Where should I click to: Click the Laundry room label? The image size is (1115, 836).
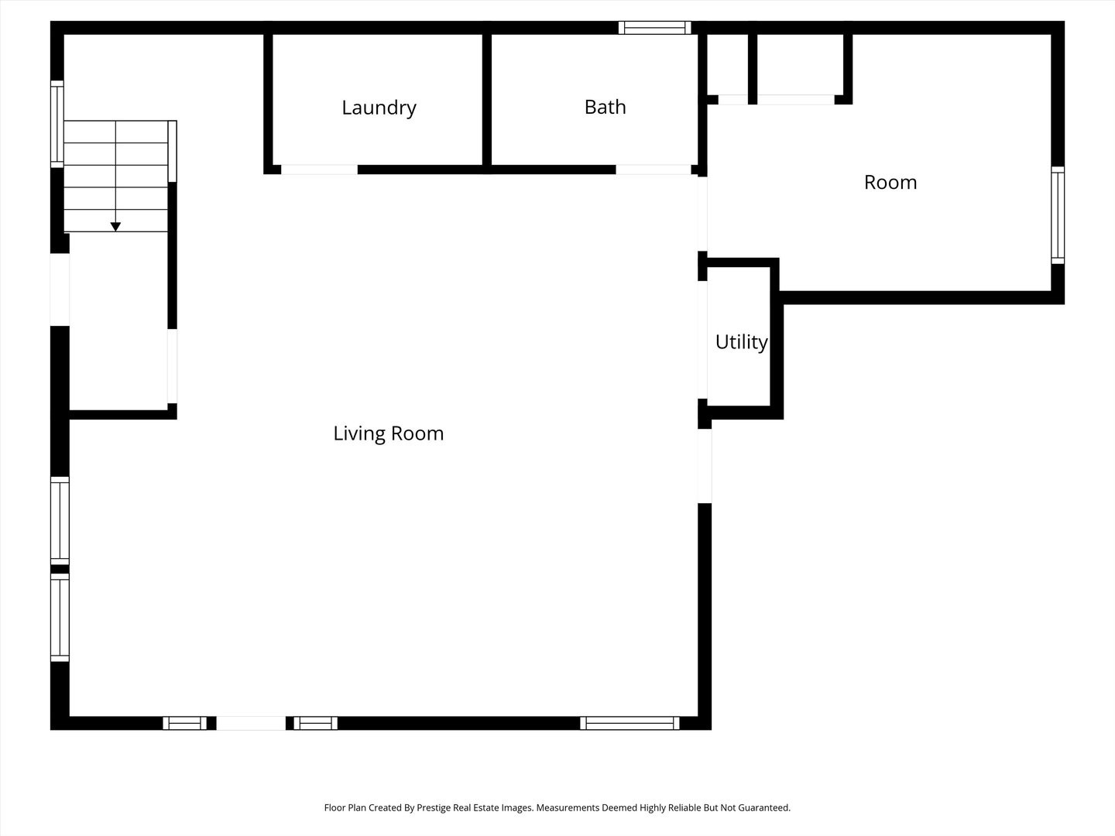[379, 108]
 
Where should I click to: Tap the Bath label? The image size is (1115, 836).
[605, 107]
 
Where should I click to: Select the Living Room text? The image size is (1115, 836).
[389, 433]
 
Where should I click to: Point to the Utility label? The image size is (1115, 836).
[741, 342]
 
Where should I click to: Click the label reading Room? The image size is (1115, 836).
[890, 182]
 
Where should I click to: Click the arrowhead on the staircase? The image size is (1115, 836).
[116, 227]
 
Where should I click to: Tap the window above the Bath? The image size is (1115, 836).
[655, 27]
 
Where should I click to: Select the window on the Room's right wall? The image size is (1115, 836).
[1058, 215]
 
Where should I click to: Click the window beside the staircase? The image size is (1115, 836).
[57, 124]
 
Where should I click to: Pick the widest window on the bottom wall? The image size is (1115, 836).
[630, 723]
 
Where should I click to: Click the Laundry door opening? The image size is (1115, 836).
[320, 170]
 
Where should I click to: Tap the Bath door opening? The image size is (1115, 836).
[654, 170]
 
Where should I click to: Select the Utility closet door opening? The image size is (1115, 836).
[702, 340]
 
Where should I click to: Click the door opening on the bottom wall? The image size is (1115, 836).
[251, 723]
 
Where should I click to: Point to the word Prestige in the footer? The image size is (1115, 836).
[434, 808]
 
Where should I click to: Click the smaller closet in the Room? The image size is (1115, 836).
[727, 64]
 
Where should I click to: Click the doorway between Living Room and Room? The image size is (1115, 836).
[702, 214]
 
